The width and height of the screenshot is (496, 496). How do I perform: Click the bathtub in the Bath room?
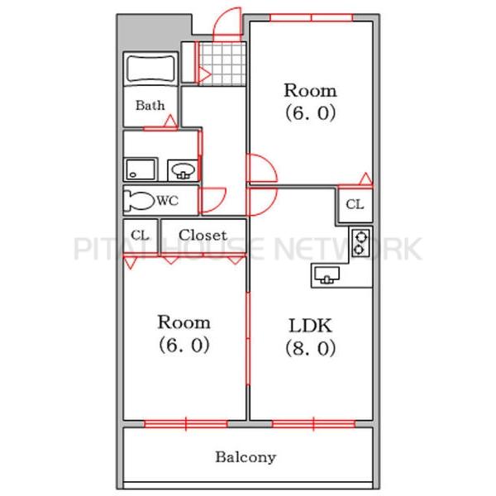[x=150, y=69]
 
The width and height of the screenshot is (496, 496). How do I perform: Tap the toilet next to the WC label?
[x=139, y=201]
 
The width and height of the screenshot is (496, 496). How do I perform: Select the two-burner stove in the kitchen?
[x=360, y=242]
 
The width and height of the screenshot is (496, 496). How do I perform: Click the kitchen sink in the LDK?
[x=327, y=274]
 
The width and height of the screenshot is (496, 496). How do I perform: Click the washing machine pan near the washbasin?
[x=141, y=169]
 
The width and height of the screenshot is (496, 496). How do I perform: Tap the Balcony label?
[x=246, y=457]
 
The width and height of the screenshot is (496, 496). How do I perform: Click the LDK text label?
[x=310, y=326]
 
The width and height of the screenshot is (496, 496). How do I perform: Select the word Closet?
[x=203, y=235]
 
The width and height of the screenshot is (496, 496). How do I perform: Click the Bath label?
[x=150, y=105]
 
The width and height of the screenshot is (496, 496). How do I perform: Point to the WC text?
[x=168, y=201]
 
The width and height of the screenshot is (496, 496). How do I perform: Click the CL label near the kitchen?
[x=355, y=204]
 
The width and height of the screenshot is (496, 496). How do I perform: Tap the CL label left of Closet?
[x=140, y=236]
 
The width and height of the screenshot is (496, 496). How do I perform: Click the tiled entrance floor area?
[x=222, y=64]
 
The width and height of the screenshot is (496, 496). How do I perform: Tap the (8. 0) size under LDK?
[x=310, y=348]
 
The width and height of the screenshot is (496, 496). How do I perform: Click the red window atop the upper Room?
[x=312, y=17]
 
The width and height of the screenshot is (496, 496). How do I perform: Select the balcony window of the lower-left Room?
[x=186, y=424]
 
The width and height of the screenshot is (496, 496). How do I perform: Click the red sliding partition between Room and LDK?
[x=248, y=339]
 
